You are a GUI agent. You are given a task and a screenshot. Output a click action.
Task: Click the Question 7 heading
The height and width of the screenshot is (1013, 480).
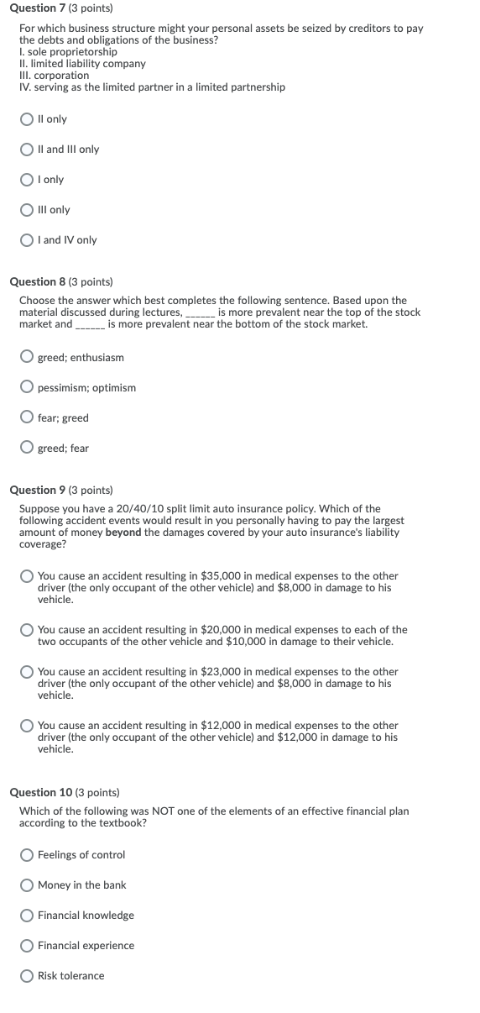point(60,8)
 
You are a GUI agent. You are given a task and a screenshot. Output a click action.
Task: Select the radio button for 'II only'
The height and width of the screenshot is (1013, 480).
point(28,119)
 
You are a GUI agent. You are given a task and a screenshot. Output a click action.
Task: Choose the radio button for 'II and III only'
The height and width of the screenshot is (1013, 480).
point(28,150)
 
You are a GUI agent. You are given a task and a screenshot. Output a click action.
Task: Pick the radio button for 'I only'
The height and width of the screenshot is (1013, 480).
point(28,180)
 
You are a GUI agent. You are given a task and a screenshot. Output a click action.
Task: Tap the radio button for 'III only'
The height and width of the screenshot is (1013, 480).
point(28,210)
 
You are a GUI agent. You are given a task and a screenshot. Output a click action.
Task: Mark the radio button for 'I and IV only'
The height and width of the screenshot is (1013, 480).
point(28,240)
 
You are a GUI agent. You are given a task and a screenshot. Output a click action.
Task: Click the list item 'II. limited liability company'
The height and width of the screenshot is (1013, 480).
point(82,64)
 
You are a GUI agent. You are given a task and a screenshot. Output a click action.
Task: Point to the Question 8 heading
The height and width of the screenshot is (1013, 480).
point(60,281)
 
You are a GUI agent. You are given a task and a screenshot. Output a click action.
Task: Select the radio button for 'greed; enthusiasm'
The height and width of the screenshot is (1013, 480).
point(28,358)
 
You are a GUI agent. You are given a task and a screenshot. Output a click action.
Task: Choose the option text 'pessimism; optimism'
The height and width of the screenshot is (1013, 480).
point(86,388)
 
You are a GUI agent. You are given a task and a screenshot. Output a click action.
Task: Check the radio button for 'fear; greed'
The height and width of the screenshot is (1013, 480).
point(28,418)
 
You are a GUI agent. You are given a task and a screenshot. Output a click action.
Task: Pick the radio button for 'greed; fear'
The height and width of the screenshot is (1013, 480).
point(28,449)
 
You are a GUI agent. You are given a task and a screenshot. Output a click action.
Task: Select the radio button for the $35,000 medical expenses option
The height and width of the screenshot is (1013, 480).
point(28,576)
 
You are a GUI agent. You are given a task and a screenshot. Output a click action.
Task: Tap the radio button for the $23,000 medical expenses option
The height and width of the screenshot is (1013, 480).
point(28,672)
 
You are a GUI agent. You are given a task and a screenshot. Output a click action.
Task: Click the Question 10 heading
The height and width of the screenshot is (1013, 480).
point(64,792)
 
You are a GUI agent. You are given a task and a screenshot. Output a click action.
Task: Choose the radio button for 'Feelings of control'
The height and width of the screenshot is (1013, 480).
point(28,855)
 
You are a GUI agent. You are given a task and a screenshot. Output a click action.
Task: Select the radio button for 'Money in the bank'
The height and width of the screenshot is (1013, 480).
point(28,885)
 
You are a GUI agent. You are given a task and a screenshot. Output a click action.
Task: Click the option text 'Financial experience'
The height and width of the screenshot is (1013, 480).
point(86,946)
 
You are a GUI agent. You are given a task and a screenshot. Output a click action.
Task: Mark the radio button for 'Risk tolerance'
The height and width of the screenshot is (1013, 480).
point(28,976)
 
